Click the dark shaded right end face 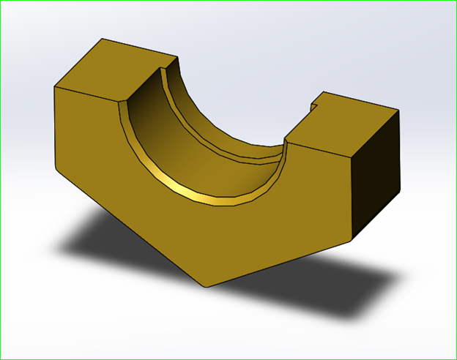pos(377,176)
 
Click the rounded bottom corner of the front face pos(206,285)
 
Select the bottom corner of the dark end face pos(354,239)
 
